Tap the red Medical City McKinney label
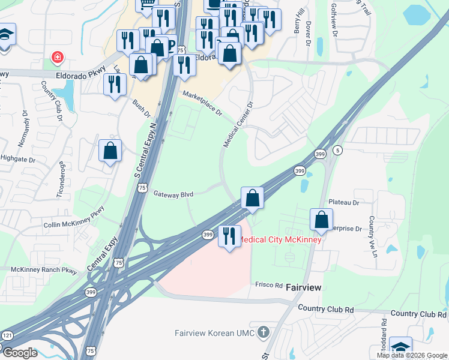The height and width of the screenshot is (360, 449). coord(280,239)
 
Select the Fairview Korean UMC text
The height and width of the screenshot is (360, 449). coord(214,333)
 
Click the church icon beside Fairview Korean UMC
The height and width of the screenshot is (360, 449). coord(262,332)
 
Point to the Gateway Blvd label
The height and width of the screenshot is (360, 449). coord(173,194)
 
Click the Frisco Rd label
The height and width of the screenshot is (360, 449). coord(268,284)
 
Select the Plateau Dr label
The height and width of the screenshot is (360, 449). coord(343,203)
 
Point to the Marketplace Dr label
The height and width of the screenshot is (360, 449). coord(202,103)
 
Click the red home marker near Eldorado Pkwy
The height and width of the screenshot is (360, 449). coord(57,58)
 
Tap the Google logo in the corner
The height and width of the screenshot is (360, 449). coord(19,352)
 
